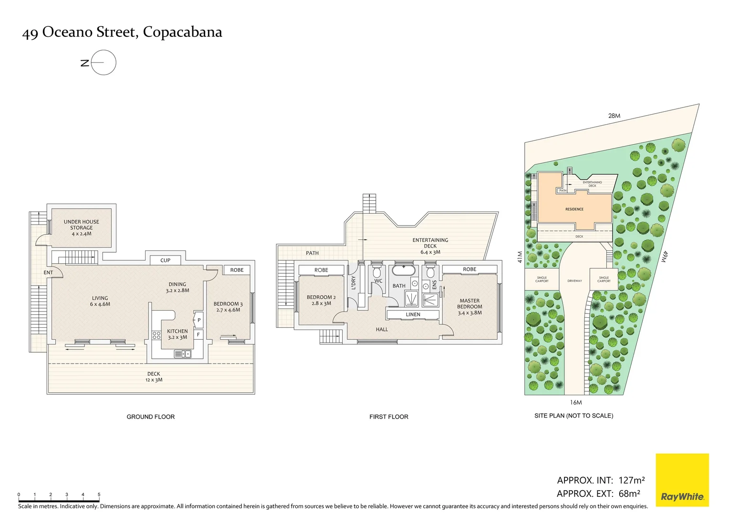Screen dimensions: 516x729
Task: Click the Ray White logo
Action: pos(682,480)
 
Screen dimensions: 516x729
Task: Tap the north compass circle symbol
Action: pos(104,63)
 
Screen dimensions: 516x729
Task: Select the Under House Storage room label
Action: pos(82,228)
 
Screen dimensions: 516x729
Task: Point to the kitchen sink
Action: pos(183,354)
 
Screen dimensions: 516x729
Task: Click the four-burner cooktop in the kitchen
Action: pos(156,335)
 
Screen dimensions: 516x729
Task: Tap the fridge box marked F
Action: pos(198,334)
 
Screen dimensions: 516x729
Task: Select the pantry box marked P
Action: pos(199,320)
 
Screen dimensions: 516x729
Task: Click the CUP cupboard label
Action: pos(165,260)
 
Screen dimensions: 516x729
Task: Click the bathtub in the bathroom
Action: pos(404,270)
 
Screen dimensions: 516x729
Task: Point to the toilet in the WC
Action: pos(377,272)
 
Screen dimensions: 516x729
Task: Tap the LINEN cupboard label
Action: pos(413,314)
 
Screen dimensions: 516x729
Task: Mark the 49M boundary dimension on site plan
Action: pos(665,257)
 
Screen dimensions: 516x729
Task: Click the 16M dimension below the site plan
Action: pos(576,403)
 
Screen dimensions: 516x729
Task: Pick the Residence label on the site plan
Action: pos(574,209)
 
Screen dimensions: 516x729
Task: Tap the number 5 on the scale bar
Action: pos(99,494)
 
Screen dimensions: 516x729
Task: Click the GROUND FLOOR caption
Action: pos(151,417)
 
